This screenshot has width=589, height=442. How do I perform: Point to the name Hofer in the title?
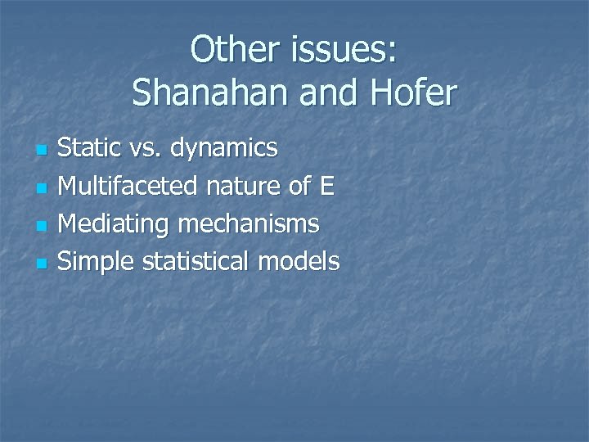416,94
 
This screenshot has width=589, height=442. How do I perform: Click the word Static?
91,149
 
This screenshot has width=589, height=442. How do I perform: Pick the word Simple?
98,263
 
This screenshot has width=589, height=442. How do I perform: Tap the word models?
299,262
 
